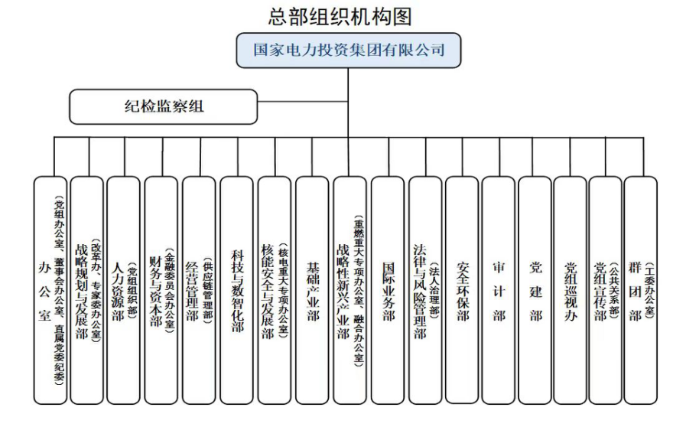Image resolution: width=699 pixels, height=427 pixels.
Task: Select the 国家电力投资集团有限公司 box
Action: click(x=349, y=51)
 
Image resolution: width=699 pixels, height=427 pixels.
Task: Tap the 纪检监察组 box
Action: click(x=164, y=106)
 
